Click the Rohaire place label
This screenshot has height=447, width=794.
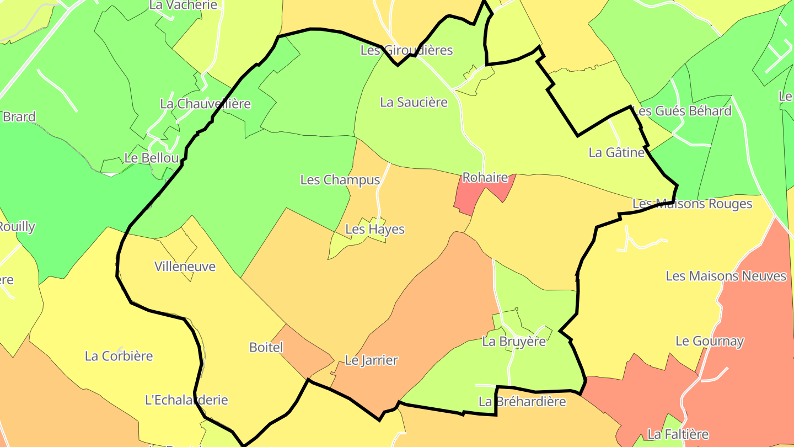pyautogui.click(x=485, y=178)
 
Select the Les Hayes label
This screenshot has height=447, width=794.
pyautogui.click(x=375, y=230)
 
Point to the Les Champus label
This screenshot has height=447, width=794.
pyautogui.click(x=340, y=180)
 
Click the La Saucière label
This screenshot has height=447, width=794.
pyautogui.click(x=414, y=103)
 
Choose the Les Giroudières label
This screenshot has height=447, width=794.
pyautogui.click(x=406, y=50)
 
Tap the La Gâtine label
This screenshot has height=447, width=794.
pyautogui.click(x=616, y=153)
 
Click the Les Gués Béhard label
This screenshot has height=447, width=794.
pyautogui.click(x=682, y=111)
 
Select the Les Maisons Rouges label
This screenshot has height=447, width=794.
pyautogui.click(x=692, y=204)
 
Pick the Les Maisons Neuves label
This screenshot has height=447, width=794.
pyautogui.click(x=726, y=276)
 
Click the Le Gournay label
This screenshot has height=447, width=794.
pyautogui.click(x=710, y=342)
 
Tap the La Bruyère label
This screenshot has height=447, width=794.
pyautogui.click(x=514, y=342)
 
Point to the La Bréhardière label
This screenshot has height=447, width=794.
pyautogui.click(x=522, y=402)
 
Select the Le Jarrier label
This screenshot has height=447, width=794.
pyautogui.click(x=371, y=361)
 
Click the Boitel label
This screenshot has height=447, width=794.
pyautogui.click(x=266, y=348)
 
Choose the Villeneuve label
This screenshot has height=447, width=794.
pyautogui.click(x=185, y=267)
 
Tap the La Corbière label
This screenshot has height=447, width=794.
pyautogui.click(x=119, y=356)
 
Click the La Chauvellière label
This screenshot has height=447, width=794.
pyautogui.click(x=205, y=104)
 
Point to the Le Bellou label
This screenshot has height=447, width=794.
pyautogui.click(x=152, y=158)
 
